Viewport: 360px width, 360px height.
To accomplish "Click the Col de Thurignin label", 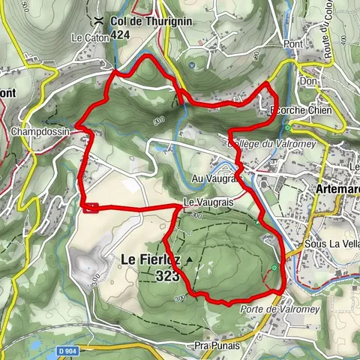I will click(x=149, y=21).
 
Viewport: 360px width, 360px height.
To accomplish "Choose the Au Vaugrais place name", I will click(x=214, y=178).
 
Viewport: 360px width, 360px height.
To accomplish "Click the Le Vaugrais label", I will click(x=205, y=203).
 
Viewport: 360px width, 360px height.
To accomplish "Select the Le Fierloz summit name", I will click(x=150, y=259).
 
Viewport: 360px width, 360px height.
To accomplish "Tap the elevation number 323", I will click(x=169, y=276).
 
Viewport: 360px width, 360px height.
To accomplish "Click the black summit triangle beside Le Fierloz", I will click(x=190, y=260).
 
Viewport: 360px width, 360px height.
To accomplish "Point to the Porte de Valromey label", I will click(x=270, y=309).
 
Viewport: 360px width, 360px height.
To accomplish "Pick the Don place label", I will click(x=305, y=82).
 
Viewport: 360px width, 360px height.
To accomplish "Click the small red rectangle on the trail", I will click(x=91, y=208).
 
